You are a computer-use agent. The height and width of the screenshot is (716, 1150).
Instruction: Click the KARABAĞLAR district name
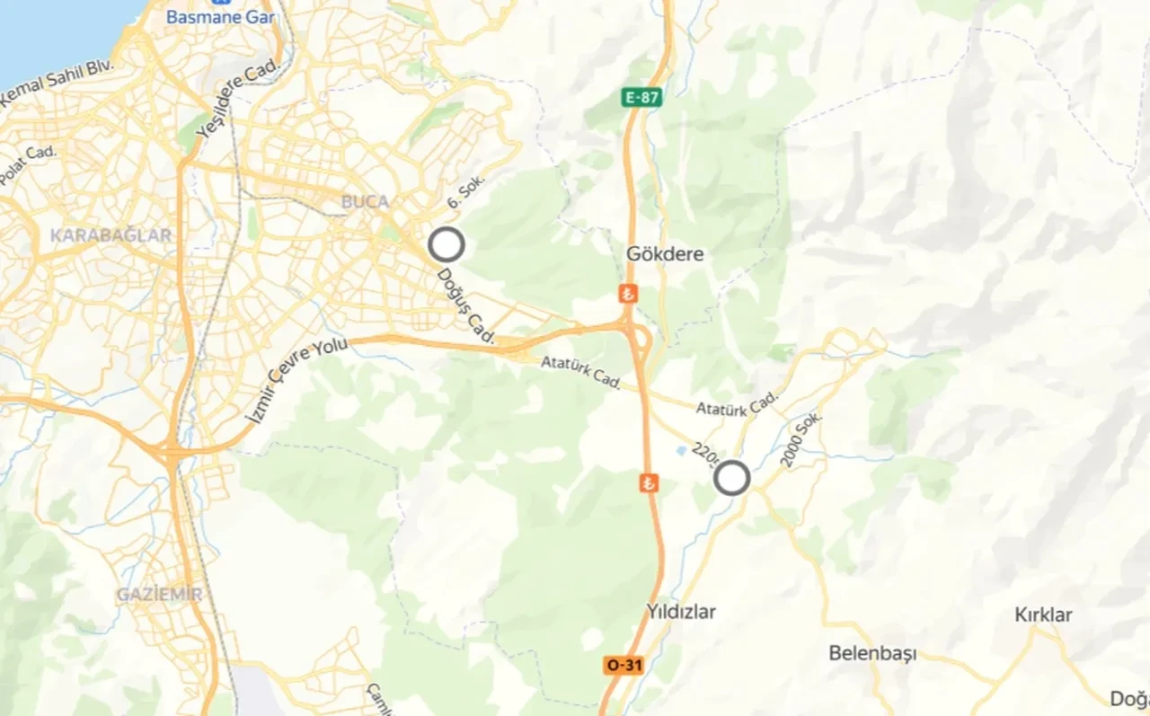click(x=111, y=235)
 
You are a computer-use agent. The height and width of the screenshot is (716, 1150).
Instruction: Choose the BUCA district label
click(x=365, y=202)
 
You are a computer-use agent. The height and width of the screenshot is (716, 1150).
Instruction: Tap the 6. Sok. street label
click(x=465, y=191)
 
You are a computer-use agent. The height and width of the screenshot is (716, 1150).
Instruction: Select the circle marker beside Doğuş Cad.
click(x=446, y=244)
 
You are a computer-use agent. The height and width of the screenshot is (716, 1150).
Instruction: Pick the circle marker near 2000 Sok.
click(x=732, y=478)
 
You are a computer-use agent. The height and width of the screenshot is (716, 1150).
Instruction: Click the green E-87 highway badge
click(x=642, y=97)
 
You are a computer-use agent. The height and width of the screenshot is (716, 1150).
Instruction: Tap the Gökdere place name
click(x=665, y=254)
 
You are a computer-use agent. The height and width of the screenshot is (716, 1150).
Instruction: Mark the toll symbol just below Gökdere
click(x=628, y=293)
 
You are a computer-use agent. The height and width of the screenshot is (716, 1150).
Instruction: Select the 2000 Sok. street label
click(x=801, y=439)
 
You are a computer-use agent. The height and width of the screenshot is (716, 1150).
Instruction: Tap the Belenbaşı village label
click(x=872, y=653)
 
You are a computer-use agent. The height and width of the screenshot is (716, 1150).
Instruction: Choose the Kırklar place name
click(x=1043, y=615)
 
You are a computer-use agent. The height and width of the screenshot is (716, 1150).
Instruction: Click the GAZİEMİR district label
click(x=159, y=595)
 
